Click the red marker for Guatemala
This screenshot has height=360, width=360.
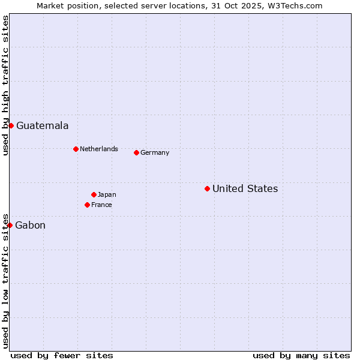click(11, 125)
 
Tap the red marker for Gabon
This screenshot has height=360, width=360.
click(10, 225)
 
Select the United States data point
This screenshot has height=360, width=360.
click(207, 188)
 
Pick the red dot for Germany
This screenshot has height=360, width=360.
click(136, 152)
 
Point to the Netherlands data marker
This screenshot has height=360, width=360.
click(76, 149)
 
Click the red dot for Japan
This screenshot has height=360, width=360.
click(94, 194)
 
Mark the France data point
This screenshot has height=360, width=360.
click(87, 205)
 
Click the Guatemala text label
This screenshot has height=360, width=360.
click(42, 126)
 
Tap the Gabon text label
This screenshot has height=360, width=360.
click(30, 226)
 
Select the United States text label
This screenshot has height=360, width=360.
click(245, 189)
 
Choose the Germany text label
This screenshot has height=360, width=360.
click(155, 153)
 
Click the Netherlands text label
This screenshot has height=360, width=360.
click(99, 149)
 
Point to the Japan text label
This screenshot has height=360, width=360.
click(107, 195)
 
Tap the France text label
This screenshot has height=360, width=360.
click(101, 205)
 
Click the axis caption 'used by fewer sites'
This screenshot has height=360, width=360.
click(62, 355)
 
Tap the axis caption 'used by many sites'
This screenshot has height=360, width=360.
click(301, 355)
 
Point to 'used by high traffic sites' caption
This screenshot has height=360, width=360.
click(5, 85)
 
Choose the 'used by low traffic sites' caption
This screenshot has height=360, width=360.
click(5, 280)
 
